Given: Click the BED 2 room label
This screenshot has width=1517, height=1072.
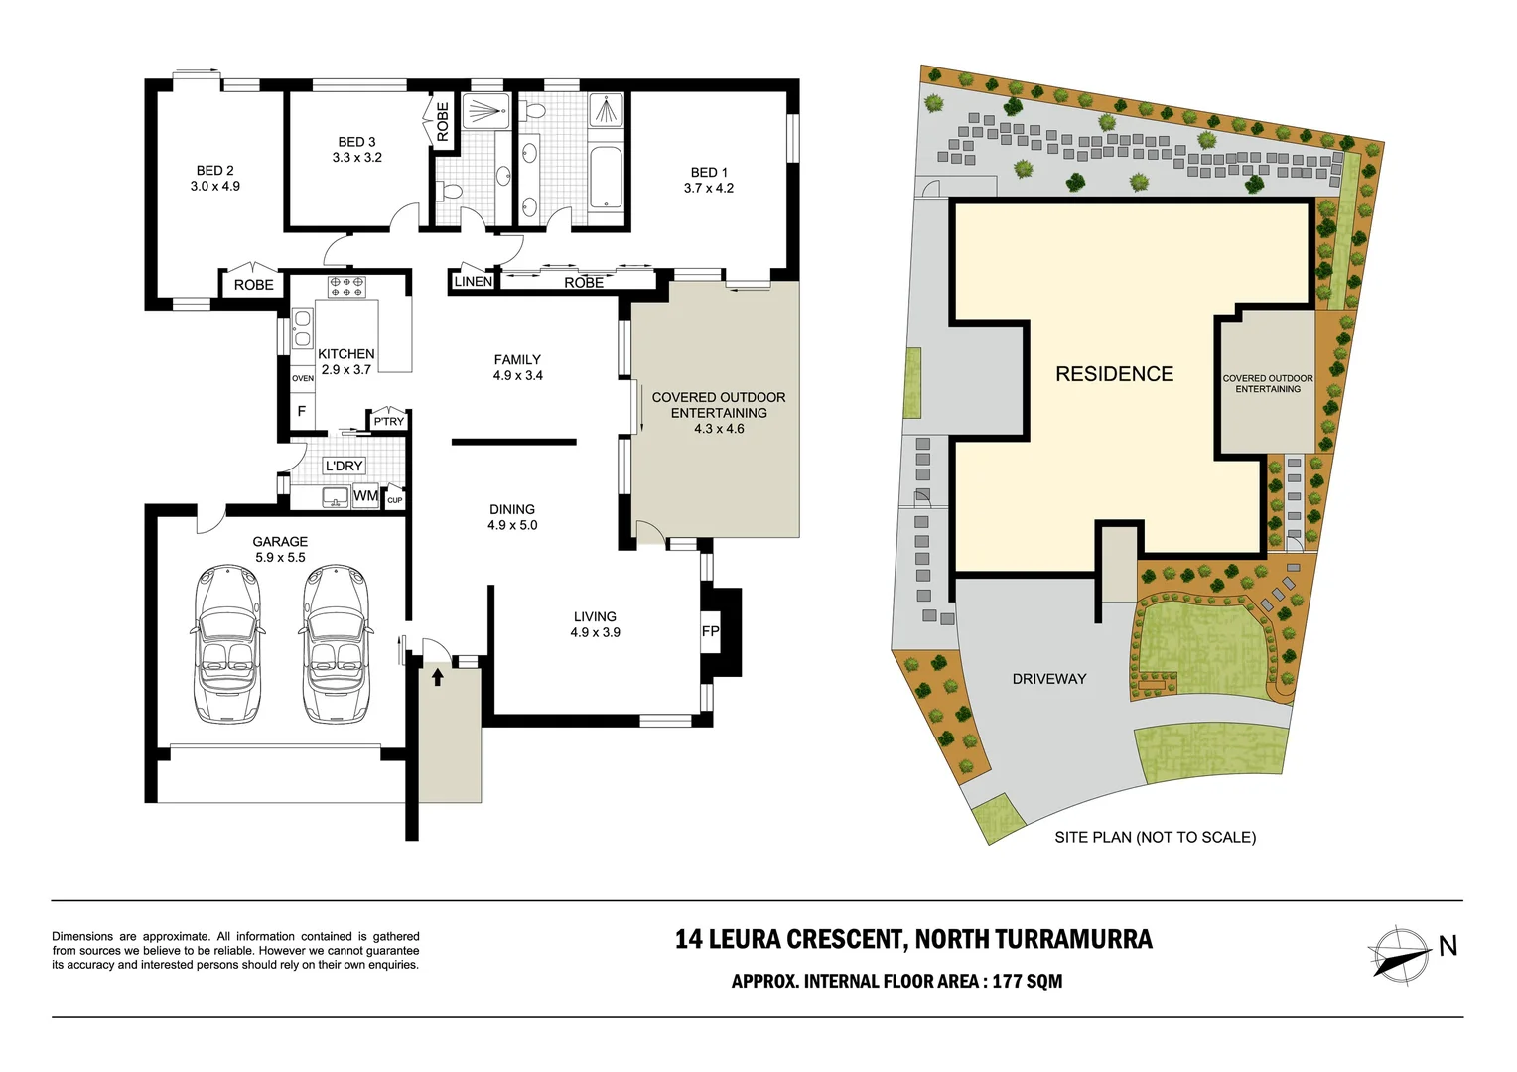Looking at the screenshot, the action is point(214,171).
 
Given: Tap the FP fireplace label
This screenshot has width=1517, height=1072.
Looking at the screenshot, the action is point(711,632).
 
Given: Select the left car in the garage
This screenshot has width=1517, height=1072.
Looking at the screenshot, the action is point(226,643).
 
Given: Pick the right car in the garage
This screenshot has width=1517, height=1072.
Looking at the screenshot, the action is point(336,643).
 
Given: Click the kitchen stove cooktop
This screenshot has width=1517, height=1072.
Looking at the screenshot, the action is point(346,287).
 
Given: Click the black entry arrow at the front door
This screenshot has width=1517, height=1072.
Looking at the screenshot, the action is point(438,677).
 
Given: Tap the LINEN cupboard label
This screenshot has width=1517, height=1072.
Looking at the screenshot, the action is point(474,281).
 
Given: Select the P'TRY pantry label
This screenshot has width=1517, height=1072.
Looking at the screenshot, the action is point(389,421).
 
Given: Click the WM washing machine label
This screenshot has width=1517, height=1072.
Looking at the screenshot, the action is point(365,495).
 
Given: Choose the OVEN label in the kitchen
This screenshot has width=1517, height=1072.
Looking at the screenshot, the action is point(303,378).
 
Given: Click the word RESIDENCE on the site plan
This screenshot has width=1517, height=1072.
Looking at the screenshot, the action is point(1115,374).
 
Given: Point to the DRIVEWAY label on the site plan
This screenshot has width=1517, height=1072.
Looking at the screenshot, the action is point(1049,679).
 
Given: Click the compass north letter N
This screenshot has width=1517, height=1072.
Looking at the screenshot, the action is point(1448,946).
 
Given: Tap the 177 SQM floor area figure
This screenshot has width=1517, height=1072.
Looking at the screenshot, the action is point(1028,981).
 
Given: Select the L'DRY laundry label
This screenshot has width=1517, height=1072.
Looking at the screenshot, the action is point(345,466).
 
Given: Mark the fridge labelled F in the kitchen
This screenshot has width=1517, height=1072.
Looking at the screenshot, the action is point(302,411).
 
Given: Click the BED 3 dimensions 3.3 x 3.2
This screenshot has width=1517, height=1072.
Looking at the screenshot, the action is point(356,157).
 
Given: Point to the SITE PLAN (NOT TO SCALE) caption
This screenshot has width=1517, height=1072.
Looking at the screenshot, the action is point(1156,837).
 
